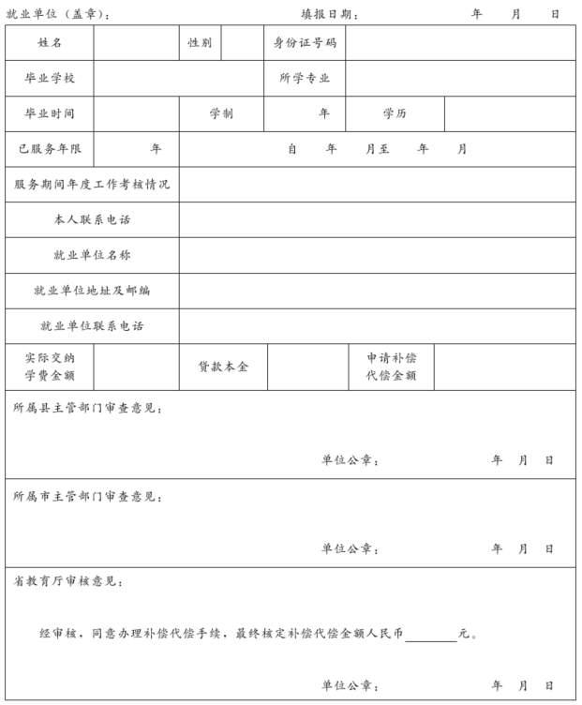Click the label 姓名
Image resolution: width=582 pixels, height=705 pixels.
[x=50, y=43]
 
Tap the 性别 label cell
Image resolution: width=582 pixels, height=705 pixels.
[x=200, y=43]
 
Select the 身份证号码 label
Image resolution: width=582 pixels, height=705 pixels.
[x=305, y=43]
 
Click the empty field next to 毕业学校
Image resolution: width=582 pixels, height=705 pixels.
[x=177, y=79]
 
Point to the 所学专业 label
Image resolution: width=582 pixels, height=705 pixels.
[x=305, y=79]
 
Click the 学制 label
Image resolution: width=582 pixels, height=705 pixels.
[x=221, y=113]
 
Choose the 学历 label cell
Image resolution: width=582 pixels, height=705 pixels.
[x=395, y=113]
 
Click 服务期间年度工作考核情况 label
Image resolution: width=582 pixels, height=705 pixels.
[x=92, y=185]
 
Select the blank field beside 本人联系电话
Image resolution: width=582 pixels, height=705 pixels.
[x=377, y=219]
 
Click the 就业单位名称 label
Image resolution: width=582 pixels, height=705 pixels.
[x=92, y=255]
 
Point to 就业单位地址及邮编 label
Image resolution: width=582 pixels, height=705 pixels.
[x=92, y=291]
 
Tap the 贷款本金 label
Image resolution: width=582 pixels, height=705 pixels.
[x=223, y=367]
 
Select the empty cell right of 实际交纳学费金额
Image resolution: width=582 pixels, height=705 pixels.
[x=136, y=367]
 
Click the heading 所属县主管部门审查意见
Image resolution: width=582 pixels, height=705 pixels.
[x=88, y=409]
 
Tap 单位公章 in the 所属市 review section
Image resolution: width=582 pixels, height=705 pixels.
[x=350, y=548]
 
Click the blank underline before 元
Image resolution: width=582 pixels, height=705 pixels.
[x=431, y=635]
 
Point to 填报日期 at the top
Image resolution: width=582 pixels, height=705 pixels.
[x=329, y=14]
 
